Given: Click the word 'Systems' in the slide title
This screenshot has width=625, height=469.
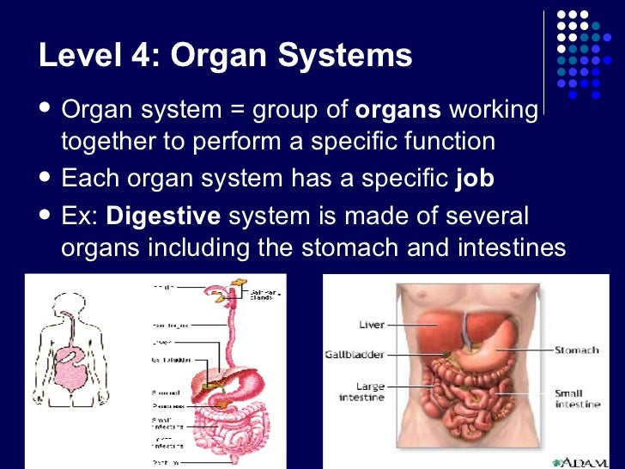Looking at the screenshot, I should pyautogui.click(x=353, y=57).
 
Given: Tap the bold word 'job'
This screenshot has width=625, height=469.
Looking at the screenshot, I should pyautogui.click(x=474, y=179).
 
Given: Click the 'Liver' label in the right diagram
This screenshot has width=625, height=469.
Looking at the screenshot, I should pyautogui.click(x=371, y=325).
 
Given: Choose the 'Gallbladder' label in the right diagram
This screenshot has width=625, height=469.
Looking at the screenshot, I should pyautogui.click(x=354, y=354).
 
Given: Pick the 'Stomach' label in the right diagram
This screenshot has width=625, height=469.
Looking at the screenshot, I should pyautogui.click(x=576, y=350).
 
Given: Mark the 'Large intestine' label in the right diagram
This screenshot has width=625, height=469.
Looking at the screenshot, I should pyautogui.click(x=361, y=393).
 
